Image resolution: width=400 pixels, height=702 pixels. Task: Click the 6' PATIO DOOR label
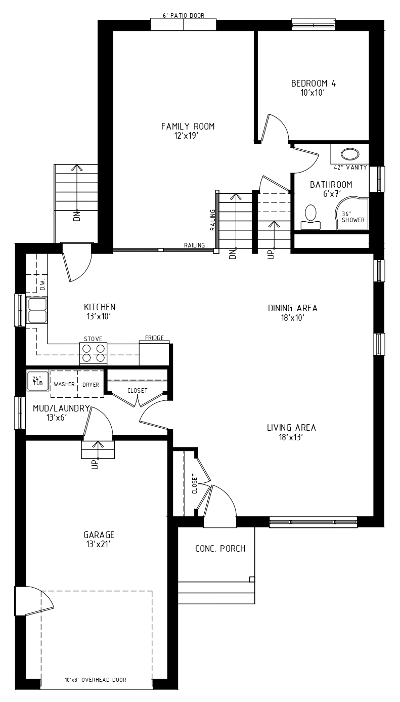[x=183, y=16]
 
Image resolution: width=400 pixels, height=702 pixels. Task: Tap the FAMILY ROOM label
[x=188, y=127]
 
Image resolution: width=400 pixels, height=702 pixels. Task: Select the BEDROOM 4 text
[x=314, y=84]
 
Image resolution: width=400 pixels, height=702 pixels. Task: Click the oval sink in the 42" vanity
[x=350, y=154]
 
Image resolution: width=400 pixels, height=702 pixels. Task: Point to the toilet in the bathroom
[x=310, y=217]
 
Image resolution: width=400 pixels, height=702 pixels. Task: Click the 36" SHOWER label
[x=353, y=217]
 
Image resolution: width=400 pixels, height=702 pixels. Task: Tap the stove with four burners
[x=94, y=353]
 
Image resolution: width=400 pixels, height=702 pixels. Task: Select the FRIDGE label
[x=154, y=338]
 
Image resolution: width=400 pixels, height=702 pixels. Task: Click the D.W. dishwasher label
[x=43, y=284]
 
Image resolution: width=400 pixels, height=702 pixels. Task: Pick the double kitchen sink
[x=37, y=310]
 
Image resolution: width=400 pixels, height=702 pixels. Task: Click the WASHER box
[x=64, y=384]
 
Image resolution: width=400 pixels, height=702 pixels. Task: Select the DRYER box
[x=91, y=384]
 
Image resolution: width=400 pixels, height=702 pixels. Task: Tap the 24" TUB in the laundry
[x=37, y=381]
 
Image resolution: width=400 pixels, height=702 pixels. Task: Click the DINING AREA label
[x=293, y=308]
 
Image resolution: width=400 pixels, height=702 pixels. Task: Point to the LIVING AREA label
[x=291, y=428]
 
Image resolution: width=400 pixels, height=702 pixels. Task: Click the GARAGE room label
[x=99, y=534]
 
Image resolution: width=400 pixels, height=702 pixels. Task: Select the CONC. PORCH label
[x=220, y=549]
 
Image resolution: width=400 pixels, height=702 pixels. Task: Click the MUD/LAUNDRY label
[x=61, y=408]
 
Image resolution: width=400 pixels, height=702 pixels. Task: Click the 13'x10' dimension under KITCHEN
[x=99, y=316]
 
